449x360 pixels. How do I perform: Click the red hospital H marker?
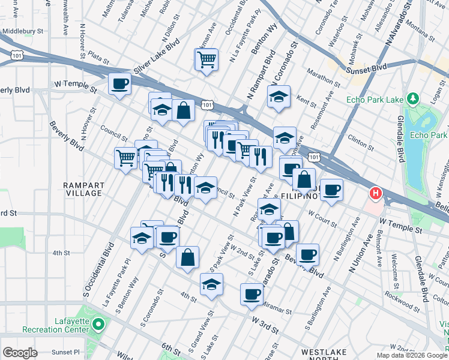(376, 194)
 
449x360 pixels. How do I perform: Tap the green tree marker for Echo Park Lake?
(412, 98)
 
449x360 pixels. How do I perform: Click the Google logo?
(20, 353)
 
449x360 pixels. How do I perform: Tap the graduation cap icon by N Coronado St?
(279, 97)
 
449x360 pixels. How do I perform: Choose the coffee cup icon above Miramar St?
(252, 294)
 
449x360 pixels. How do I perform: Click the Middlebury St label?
(23, 31)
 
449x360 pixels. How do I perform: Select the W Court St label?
(322, 217)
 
